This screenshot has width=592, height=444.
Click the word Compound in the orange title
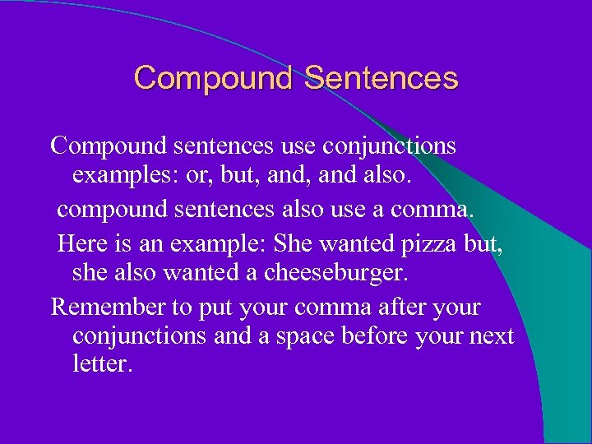[213, 78]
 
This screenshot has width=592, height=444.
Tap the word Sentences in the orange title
[381, 78]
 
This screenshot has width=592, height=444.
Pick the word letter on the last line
[101, 363]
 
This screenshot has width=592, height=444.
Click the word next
[492, 335]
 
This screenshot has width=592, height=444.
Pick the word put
[215, 307]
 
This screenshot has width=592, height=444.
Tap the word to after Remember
[180, 307]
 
